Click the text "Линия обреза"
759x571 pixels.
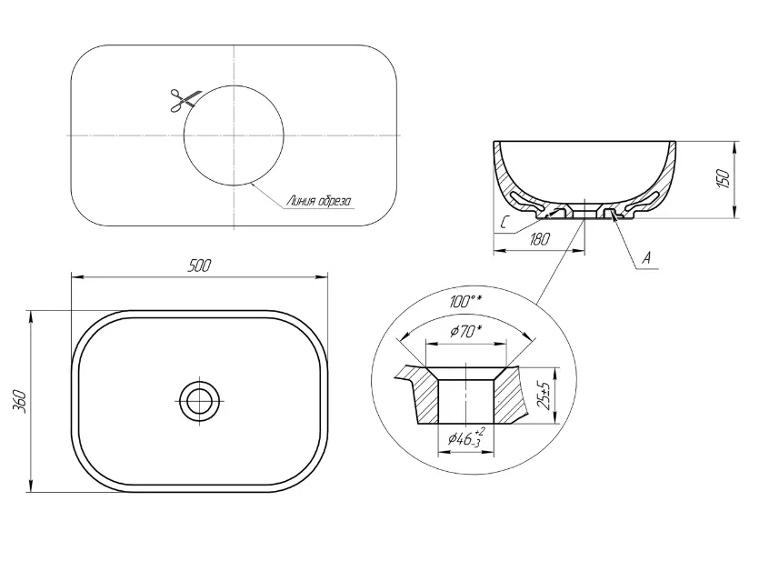pos(319,201)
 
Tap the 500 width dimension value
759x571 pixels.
pos(199,265)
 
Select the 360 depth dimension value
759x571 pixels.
pos(20,401)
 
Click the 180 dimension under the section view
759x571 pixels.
pos(539,239)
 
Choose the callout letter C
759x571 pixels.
pos(504,223)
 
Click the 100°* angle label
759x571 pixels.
pos(465,302)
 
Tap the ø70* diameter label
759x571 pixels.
pos(466,332)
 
